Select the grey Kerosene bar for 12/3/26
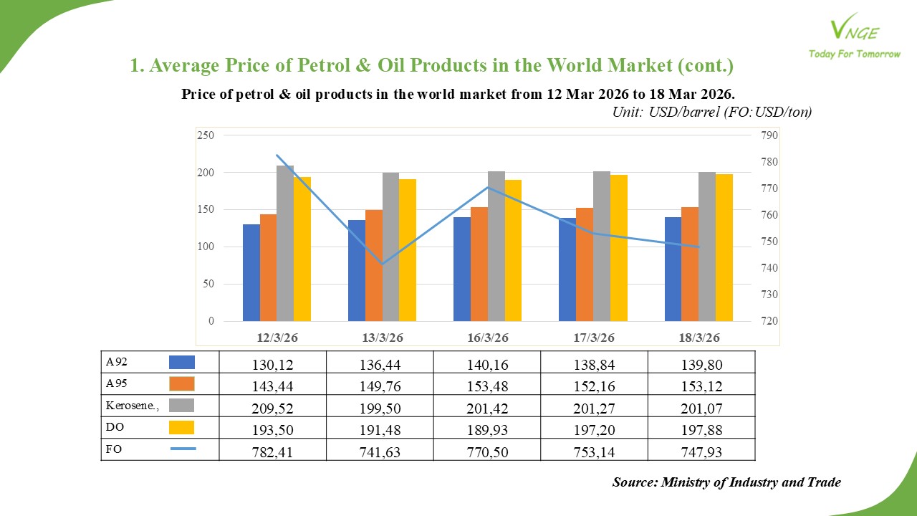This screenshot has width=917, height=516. tap(285, 244)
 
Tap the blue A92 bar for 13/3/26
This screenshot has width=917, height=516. tap(356, 271)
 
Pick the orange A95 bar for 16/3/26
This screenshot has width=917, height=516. tap(479, 264)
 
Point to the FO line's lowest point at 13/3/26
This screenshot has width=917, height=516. tap(383, 264)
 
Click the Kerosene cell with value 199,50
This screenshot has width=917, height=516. tap(379, 407)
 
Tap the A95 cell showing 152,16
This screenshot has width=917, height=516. tap(593, 386)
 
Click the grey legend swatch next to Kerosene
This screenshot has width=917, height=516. tap(182, 406)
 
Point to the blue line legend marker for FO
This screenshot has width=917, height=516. tap(183, 449)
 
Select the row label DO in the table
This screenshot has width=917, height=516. tap(114, 427)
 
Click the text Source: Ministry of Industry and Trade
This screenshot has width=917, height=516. tap(726, 482)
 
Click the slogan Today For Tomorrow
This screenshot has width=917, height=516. tap(854, 54)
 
